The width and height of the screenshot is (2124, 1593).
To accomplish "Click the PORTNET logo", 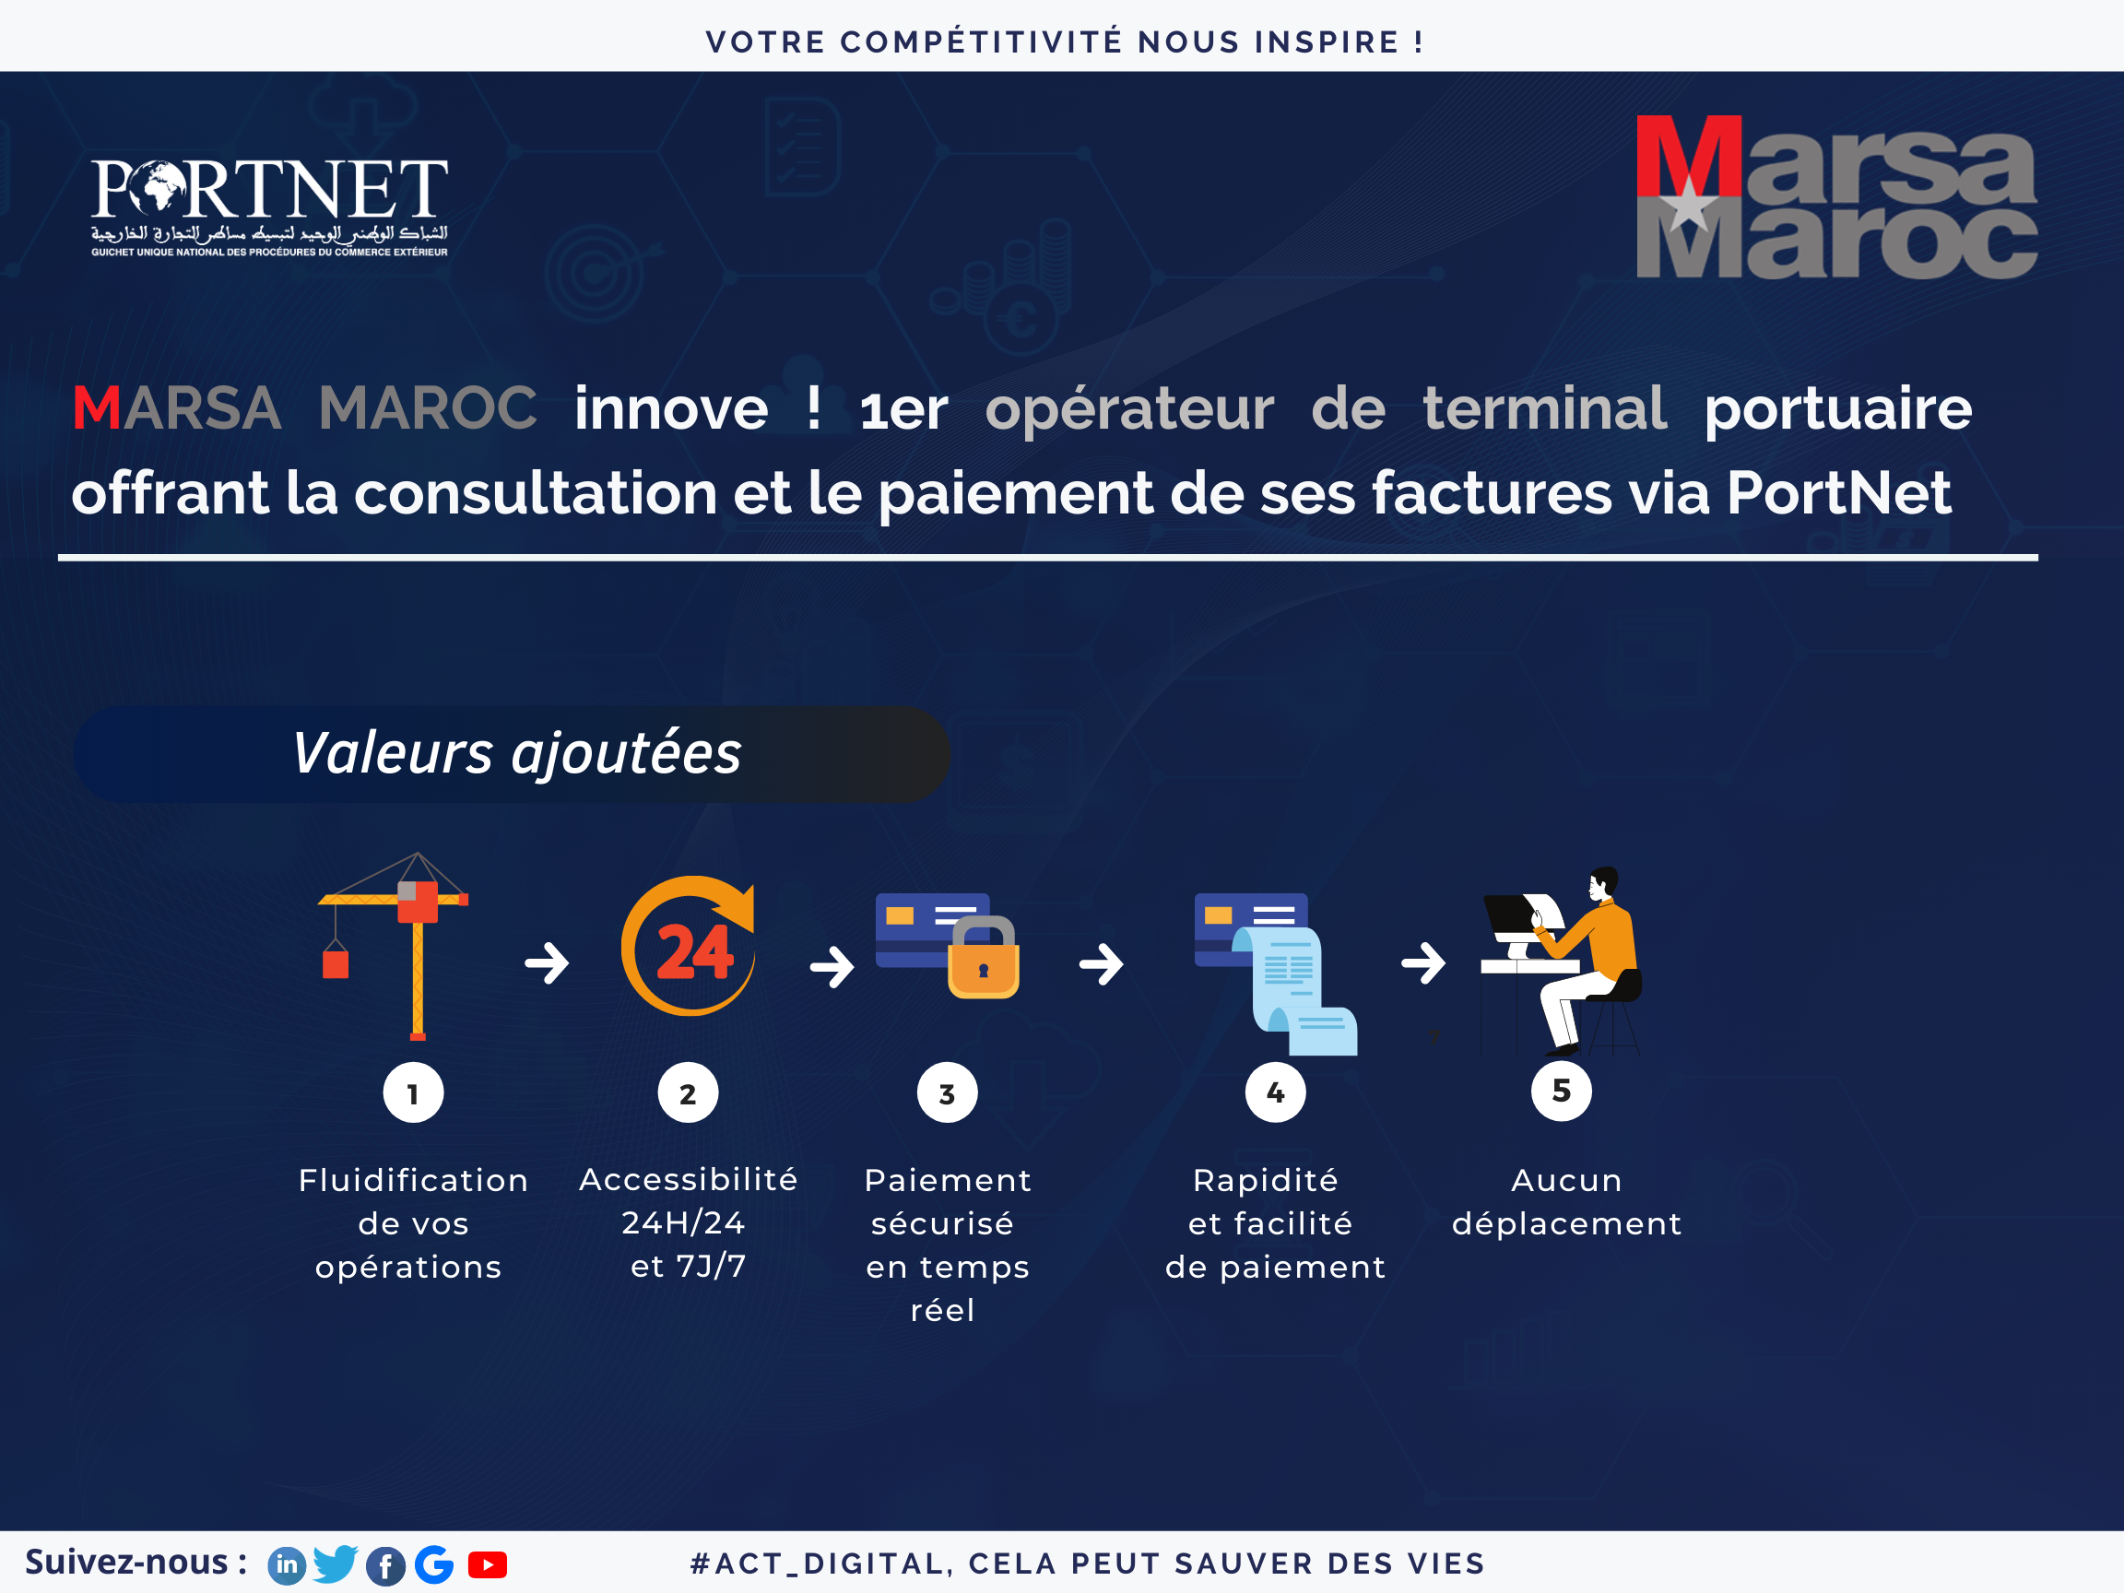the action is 269,207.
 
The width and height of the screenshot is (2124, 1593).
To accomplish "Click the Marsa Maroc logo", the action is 1836,197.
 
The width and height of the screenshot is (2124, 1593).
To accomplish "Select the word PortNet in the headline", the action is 1839,492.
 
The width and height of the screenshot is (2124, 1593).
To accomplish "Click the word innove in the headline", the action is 671,409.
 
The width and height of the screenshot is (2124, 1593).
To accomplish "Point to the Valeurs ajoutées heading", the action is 516,753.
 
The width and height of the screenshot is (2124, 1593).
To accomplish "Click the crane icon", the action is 394,946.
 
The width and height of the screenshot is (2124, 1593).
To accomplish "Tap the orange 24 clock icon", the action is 689,945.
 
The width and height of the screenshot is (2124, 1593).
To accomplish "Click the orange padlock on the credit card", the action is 984,957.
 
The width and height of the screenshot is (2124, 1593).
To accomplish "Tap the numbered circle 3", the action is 947,1092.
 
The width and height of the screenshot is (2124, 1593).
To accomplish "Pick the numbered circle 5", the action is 1562,1091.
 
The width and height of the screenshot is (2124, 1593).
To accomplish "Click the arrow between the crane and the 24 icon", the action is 548,963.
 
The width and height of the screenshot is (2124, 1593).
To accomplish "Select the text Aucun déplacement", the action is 1566,1202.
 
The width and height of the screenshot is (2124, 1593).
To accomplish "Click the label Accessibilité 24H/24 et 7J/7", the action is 688,1222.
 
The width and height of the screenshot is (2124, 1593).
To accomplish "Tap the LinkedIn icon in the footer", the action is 286,1566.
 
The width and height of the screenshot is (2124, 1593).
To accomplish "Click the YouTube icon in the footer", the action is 488,1565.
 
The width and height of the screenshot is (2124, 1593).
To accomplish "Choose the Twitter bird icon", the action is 336,1564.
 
